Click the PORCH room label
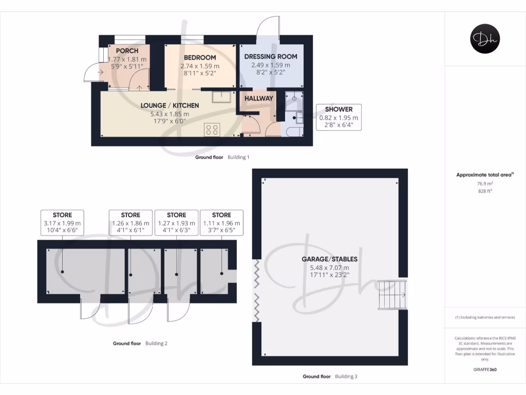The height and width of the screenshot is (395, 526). point(127,51)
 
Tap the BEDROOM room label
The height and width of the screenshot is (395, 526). point(200,58)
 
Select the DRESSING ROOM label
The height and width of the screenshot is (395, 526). point(270,57)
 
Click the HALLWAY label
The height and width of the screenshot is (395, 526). point(258,98)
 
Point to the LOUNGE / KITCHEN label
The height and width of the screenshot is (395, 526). point(170,105)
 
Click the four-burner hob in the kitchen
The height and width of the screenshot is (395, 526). point(211,129)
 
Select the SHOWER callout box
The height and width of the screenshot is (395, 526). point(339,117)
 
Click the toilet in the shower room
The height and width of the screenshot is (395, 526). point(292,132)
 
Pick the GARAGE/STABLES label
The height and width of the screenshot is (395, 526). point(329,259)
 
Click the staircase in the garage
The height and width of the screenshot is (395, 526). point(392,295)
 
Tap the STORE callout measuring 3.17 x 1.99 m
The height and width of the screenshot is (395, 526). point(62,223)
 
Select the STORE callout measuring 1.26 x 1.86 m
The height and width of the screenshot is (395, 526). point(130,223)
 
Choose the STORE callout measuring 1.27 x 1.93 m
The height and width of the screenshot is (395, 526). point(176,223)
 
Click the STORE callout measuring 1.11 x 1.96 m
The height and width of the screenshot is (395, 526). point(221,223)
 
